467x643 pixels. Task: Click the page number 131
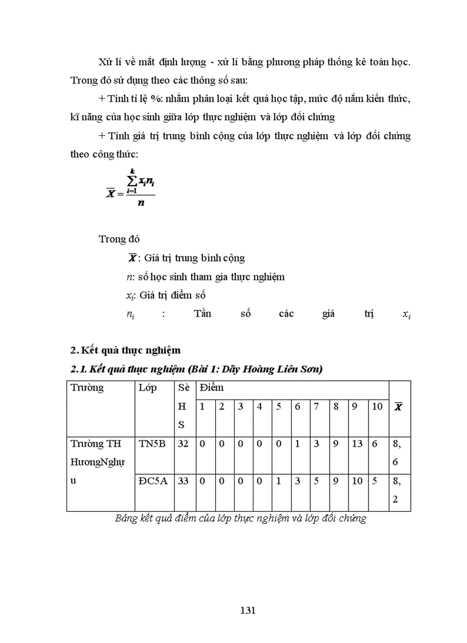click(x=247, y=610)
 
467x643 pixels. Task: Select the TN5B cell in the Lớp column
click(x=152, y=444)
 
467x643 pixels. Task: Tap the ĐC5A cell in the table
click(x=153, y=481)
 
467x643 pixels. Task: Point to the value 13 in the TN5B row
click(x=357, y=444)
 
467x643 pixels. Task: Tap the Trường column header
click(x=87, y=388)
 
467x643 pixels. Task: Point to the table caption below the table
click(x=240, y=519)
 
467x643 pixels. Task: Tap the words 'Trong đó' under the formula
click(x=119, y=239)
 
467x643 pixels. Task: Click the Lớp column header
click(x=148, y=388)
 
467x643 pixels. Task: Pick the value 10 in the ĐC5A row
click(x=357, y=481)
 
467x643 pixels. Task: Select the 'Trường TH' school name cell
click(x=94, y=444)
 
